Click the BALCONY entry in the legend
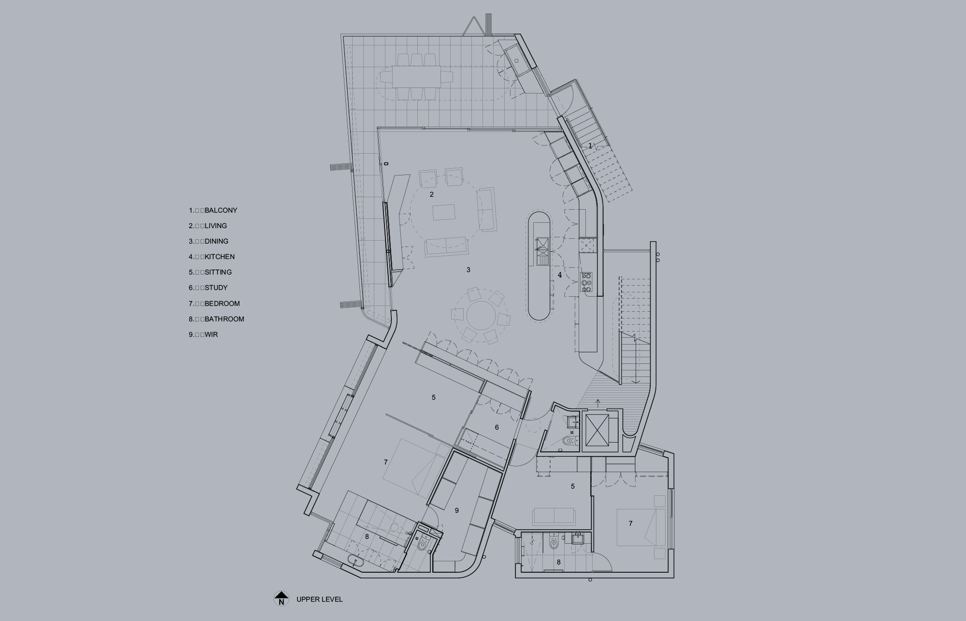coord(213,210)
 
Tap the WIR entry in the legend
coord(203,334)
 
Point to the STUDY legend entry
coord(208,288)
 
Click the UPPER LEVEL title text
coord(320,599)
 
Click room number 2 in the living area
coord(432,194)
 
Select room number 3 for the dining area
coord(468,270)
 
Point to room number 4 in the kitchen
coord(560,275)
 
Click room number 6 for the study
coord(497,427)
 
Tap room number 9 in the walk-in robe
coord(456,510)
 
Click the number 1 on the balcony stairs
coord(590,145)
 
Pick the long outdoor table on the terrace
coord(416,76)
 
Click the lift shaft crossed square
coord(597,429)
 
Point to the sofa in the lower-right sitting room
coord(554,516)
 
